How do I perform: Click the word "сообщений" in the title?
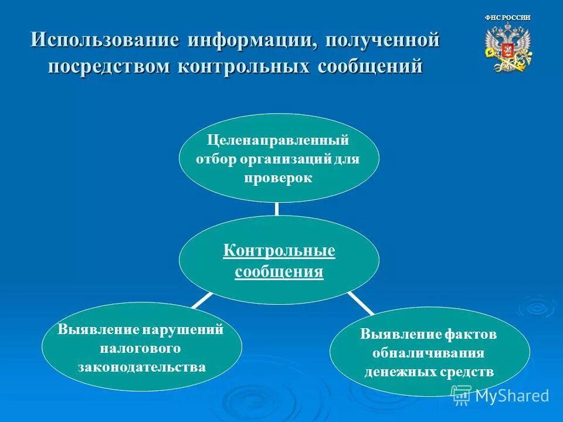(369, 65)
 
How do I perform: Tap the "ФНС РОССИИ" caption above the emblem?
(508, 18)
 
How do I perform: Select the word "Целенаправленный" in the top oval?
(279, 141)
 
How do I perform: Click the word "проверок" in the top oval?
(279, 178)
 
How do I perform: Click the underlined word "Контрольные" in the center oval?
(279, 251)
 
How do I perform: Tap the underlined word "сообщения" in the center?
(279, 272)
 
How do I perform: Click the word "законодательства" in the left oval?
(142, 367)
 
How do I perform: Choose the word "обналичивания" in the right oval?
(429, 353)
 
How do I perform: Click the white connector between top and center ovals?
(277, 209)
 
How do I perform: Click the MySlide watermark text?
(512, 396)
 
